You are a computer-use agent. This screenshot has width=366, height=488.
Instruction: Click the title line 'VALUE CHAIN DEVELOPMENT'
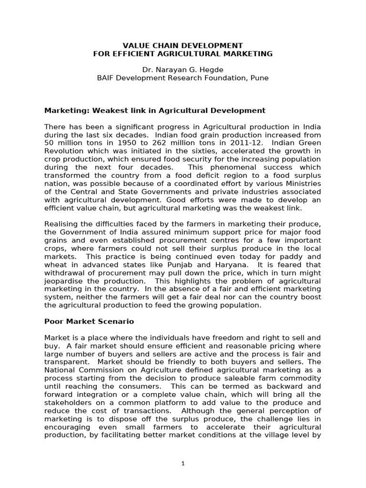click(x=183, y=45)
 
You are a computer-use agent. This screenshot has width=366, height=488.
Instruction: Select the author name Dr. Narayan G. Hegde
click(x=183, y=70)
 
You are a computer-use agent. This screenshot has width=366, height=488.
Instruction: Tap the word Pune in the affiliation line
click(x=259, y=78)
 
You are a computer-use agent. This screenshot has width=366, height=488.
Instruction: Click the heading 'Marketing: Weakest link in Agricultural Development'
click(x=154, y=111)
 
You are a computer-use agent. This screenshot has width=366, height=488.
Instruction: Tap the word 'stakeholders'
click(x=67, y=403)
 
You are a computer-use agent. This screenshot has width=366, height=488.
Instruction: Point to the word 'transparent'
click(x=64, y=363)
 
